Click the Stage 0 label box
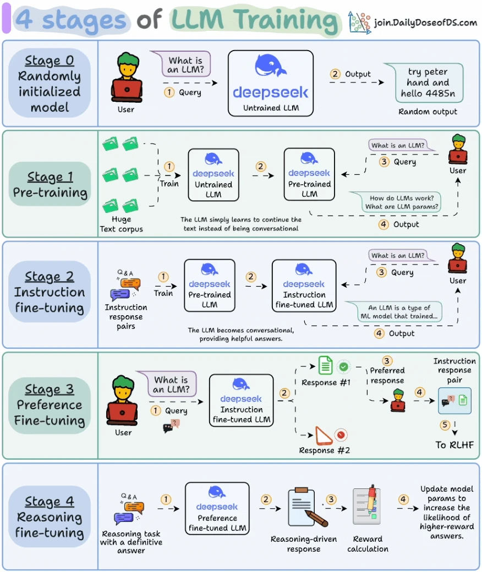pyautogui.click(x=50, y=83)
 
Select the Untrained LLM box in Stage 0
pyautogui.click(x=270, y=83)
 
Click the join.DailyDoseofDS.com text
pyautogui.click(x=425, y=23)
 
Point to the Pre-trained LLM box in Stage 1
pyautogui.click(x=309, y=174)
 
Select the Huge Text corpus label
pyautogui.click(x=122, y=224)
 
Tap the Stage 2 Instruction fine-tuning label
pyautogui.click(x=50, y=292)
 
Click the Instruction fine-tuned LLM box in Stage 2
pyautogui.click(x=304, y=285)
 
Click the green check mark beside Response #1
pyautogui.click(x=343, y=367)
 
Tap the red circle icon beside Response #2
pyautogui.click(x=341, y=435)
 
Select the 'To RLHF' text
pyautogui.click(x=454, y=445)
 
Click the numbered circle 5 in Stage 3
pyautogui.click(x=445, y=425)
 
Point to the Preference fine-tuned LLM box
pyautogui.click(x=217, y=509)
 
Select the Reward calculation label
pyautogui.click(x=368, y=544)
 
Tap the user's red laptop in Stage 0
pyautogui.click(x=127, y=90)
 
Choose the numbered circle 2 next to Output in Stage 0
pyautogui.click(x=335, y=74)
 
